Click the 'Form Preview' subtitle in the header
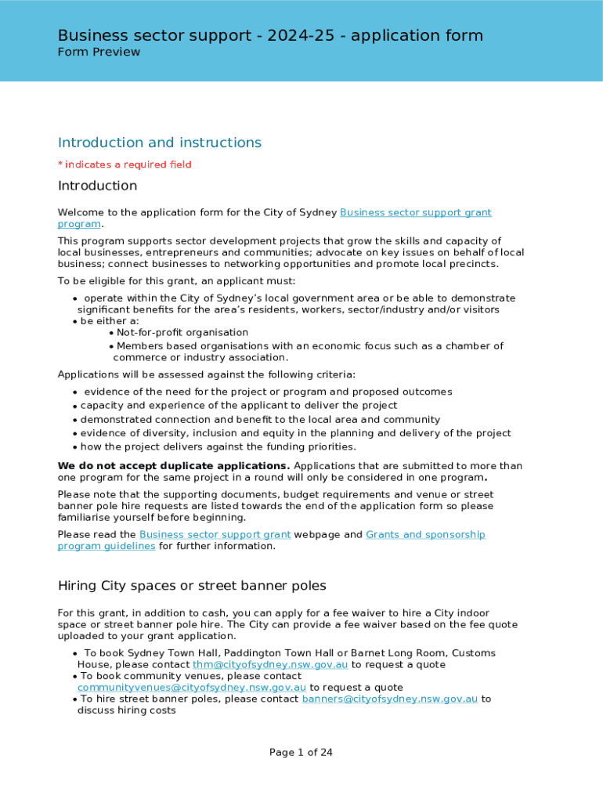[x=99, y=52]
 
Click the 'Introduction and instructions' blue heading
[x=159, y=143]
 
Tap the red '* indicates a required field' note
[x=125, y=164]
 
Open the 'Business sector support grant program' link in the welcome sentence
[x=415, y=213]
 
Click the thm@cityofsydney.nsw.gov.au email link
[x=270, y=665]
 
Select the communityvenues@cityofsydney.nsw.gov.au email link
[x=191, y=688]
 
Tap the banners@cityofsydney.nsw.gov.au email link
[x=389, y=699]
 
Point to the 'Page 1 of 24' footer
[x=301, y=753]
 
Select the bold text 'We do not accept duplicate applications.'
[x=174, y=466]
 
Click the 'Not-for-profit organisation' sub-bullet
[x=182, y=333]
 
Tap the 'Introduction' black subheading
[x=97, y=186]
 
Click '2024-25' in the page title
[x=298, y=35]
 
